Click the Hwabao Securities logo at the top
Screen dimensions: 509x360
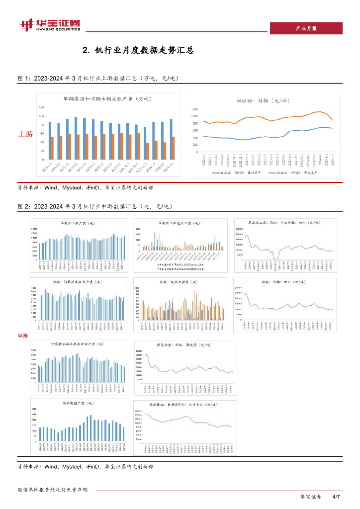coord(50,25)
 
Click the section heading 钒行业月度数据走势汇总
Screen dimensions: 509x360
coord(138,50)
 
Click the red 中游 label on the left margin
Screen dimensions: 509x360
coord(23,336)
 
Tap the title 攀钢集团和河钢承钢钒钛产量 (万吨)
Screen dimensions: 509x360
coord(103,98)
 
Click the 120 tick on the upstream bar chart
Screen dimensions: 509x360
coord(41,107)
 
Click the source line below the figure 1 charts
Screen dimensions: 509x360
coord(85,188)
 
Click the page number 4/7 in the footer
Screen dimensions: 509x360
coord(336,497)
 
